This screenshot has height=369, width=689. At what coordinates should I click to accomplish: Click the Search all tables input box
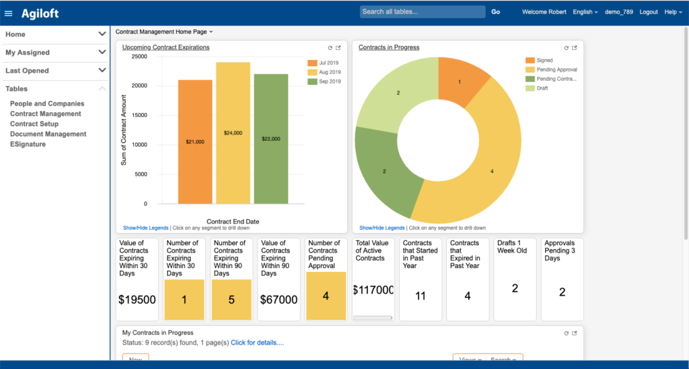pyautogui.click(x=423, y=11)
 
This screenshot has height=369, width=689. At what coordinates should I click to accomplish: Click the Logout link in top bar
pyautogui.click(x=649, y=12)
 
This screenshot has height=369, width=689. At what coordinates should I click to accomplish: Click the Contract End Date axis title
pyautogui.click(x=233, y=222)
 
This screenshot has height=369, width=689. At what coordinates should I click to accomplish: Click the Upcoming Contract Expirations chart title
pyautogui.click(x=166, y=48)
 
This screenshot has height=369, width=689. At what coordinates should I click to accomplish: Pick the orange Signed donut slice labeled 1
pyautogui.click(x=461, y=79)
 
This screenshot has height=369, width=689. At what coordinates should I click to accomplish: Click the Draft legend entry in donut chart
pyautogui.click(x=542, y=88)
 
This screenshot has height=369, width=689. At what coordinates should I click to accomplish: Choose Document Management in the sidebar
pyautogui.click(x=48, y=134)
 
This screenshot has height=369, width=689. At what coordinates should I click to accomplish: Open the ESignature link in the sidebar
pyautogui.click(x=28, y=144)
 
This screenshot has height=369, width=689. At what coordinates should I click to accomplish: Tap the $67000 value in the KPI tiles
pyautogui.click(x=279, y=300)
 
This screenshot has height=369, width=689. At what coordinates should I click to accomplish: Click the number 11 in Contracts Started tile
pyautogui.click(x=421, y=296)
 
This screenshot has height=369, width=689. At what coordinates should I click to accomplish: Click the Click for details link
pyautogui.click(x=257, y=343)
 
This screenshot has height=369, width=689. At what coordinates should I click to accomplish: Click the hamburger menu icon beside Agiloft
pyautogui.click(x=9, y=13)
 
